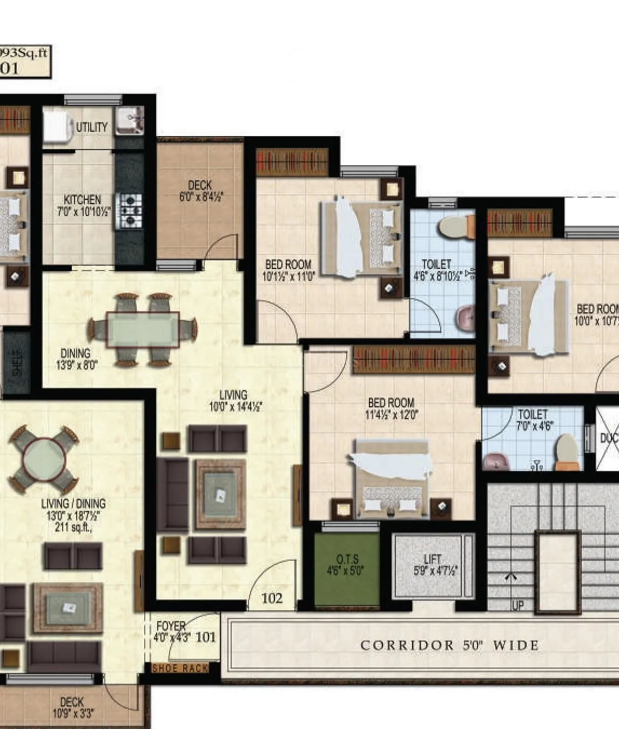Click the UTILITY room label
tap(91, 127)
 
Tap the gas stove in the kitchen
tap(130, 207)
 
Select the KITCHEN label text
tap(82, 199)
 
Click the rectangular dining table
tap(143, 329)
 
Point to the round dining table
tap(44, 460)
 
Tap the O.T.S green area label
tap(347, 559)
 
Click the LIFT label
tap(432, 559)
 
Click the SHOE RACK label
tap(180, 668)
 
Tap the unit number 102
tap(272, 598)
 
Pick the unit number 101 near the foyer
tap(206, 637)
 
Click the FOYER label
tap(171, 626)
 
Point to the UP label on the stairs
tap(517, 605)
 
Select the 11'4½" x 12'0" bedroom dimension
tap(391, 415)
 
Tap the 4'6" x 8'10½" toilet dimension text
tap(437, 276)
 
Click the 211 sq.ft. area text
tap(73, 527)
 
